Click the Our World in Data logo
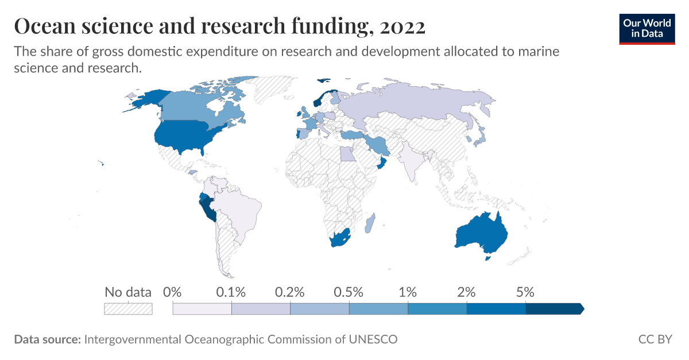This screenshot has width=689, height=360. pos(647,28)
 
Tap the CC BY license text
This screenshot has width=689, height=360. pos(655,339)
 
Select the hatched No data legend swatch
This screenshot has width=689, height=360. pos(128,309)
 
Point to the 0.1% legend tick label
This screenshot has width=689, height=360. pos(231,292)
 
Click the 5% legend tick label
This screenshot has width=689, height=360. pos(525,292)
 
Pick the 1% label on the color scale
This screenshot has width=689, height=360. pos(408,292)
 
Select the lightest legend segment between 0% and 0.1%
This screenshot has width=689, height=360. pos(202,309)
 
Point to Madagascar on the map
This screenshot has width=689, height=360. pos(370,224)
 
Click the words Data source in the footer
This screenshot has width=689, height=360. pos(47,339)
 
